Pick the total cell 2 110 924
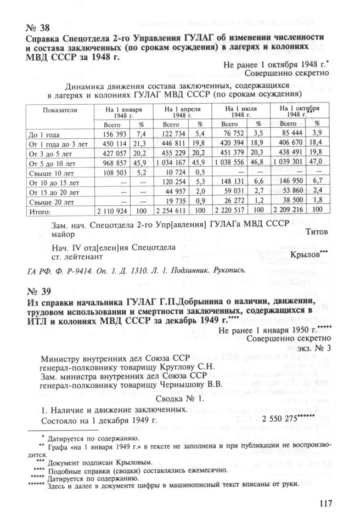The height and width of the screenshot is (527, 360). [112, 211]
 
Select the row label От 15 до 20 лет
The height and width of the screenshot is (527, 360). [53, 192]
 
